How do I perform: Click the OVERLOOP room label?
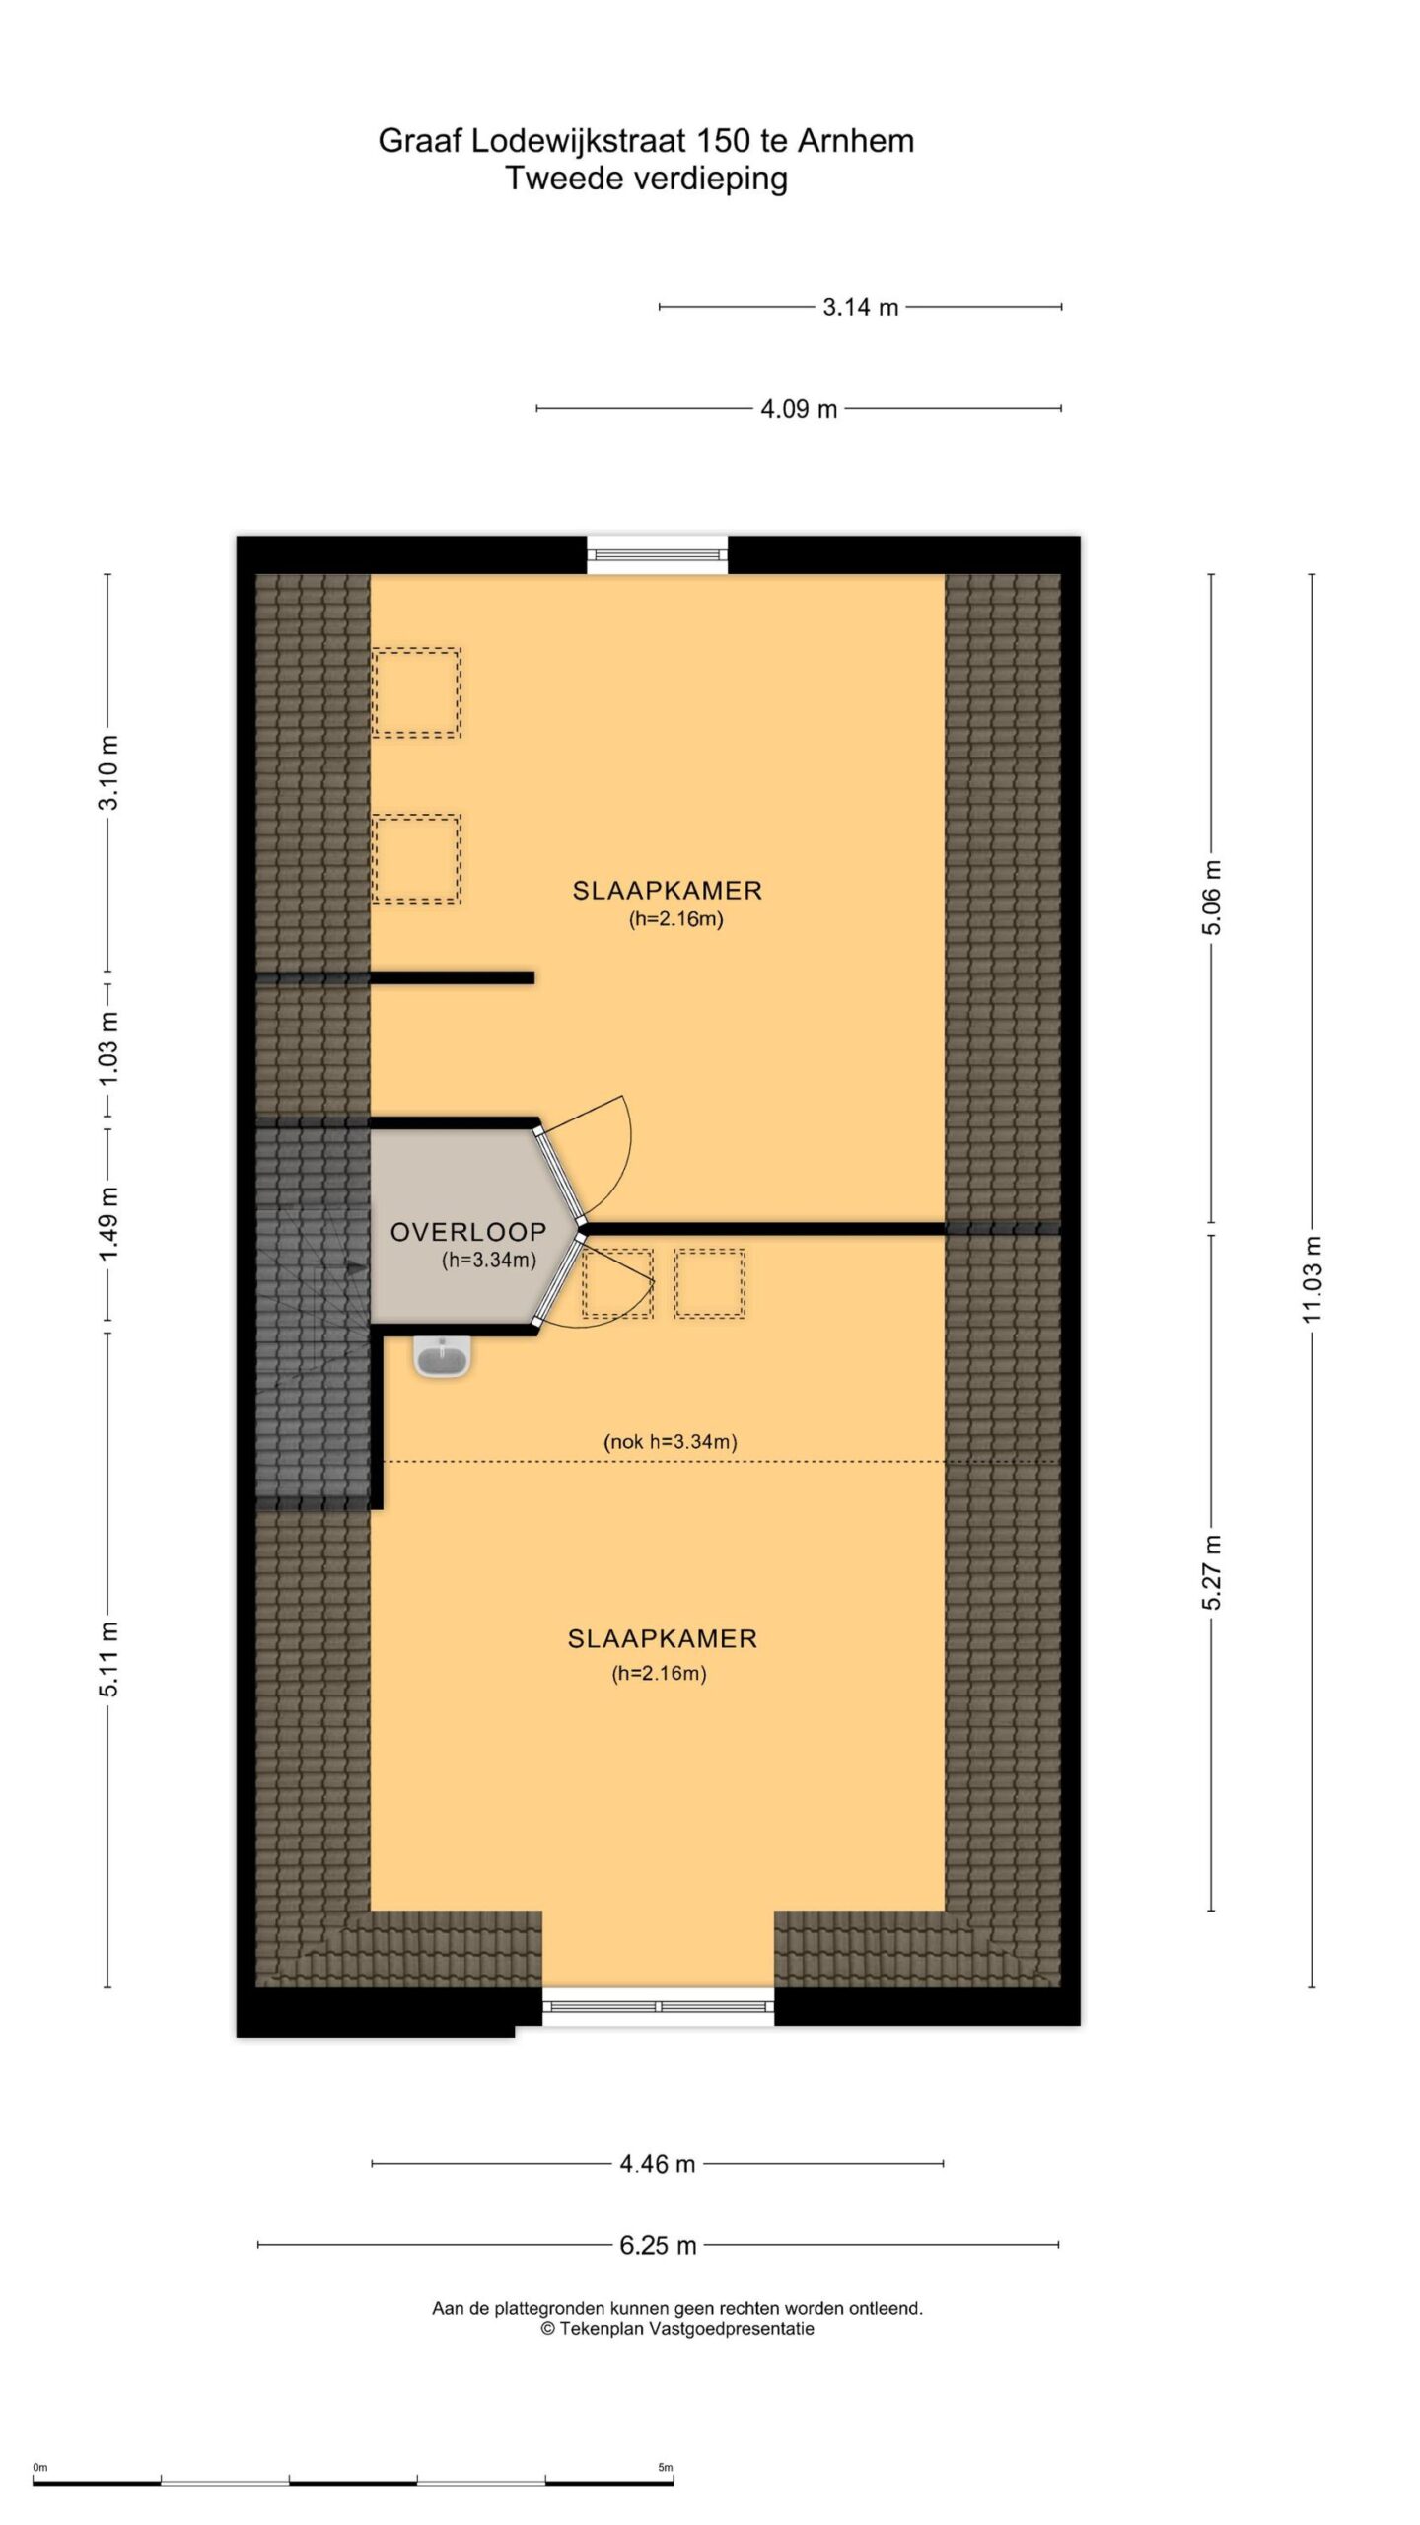click(467, 1231)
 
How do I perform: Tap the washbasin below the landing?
click(443, 1356)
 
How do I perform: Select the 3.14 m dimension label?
click(860, 307)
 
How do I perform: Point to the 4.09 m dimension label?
click(798, 408)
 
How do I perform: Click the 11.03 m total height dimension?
click(1312, 1278)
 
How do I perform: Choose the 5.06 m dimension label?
click(1212, 897)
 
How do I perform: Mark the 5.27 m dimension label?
click(1212, 1572)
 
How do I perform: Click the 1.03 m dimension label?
click(108, 1047)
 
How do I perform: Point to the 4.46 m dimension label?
click(657, 2164)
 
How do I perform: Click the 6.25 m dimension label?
click(658, 2245)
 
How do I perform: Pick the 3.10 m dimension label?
click(108, 771)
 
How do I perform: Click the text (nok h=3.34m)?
click(671, 1441)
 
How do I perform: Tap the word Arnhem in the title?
click(856, 141)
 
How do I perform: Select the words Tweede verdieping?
click(647, 179)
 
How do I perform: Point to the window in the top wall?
click(658, 554)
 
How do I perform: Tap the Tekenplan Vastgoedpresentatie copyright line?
click(677, 2329)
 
